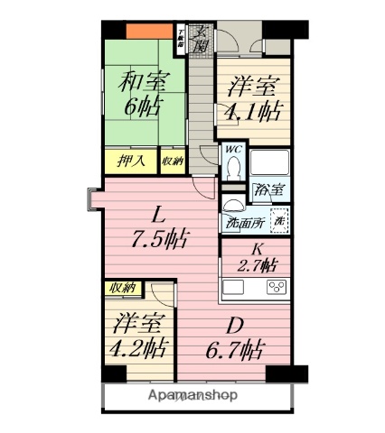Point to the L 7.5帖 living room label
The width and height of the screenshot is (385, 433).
click(161, 227)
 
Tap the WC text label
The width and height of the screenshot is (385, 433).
click(232, 150)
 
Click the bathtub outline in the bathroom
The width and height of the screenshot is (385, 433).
click(268, 163)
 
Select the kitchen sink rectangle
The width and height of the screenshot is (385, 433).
click(233, 289)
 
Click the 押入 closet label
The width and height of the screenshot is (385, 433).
click(132, 162)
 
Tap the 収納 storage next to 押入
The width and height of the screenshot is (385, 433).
click(171, 162)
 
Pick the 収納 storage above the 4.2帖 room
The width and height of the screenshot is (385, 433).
click(122, 289)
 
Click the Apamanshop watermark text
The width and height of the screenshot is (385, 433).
click(192, 395)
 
